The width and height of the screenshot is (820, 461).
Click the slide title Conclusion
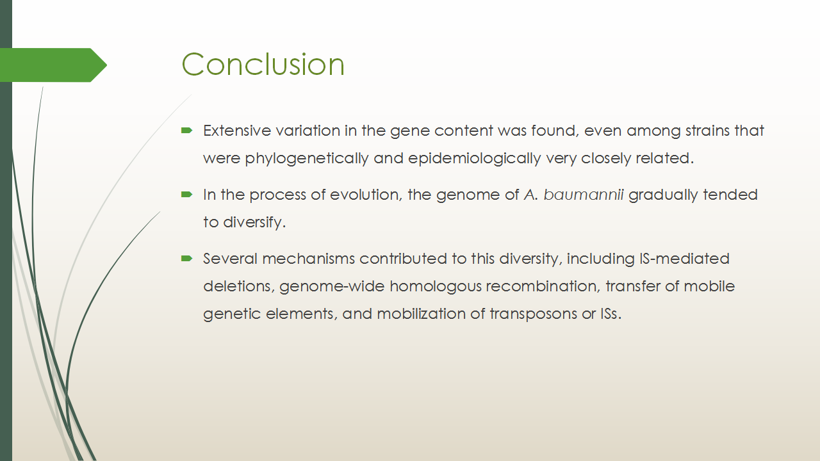pyautogui.click(x=263, y=65)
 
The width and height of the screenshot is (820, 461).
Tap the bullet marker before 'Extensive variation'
pyautogui.click(x=186, y=130)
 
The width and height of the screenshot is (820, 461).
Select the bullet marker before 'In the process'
pyautogui.click(x=186, y=194)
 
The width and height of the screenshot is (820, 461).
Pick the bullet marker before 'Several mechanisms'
pyautogui.click(x=186, y=259)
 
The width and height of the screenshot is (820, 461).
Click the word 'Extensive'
pyautogui.click(x=237, y=131)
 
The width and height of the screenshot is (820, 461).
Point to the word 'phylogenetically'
pyautogui.click(x=306, y=159)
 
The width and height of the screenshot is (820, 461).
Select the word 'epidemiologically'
pyautogui.click(x=475, y=159)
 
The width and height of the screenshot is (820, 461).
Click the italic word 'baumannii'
pyautogui.click(x=584, y=195)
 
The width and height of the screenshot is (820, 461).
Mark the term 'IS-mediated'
pyautogui.click(x=685, y=259)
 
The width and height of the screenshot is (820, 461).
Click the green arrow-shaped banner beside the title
pyautogui.click(x=53, y=65)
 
